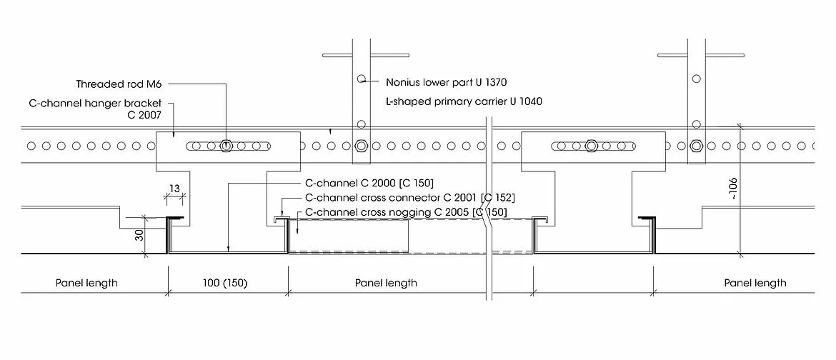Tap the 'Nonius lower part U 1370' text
pyautogui.click(x=446, y=82)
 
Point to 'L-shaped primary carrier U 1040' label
pyautogui.click(x=463, y=101)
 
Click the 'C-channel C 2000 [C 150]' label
pyautogui.click(x=369, y=183)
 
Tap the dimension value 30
pyautogui.click(x=139, y=235)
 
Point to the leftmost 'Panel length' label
pyautogui.click(x=86, y=283)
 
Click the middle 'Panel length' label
pyautogui.click(x=386, y=283)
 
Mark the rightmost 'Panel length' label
pyautogui.click(x=755, y=283)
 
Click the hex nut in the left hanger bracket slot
pyautogui.click(x=226, y=146)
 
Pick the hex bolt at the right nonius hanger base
pyautogui.click(x=695, y=146)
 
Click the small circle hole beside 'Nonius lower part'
pyautogui.click(x=362, y=79)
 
